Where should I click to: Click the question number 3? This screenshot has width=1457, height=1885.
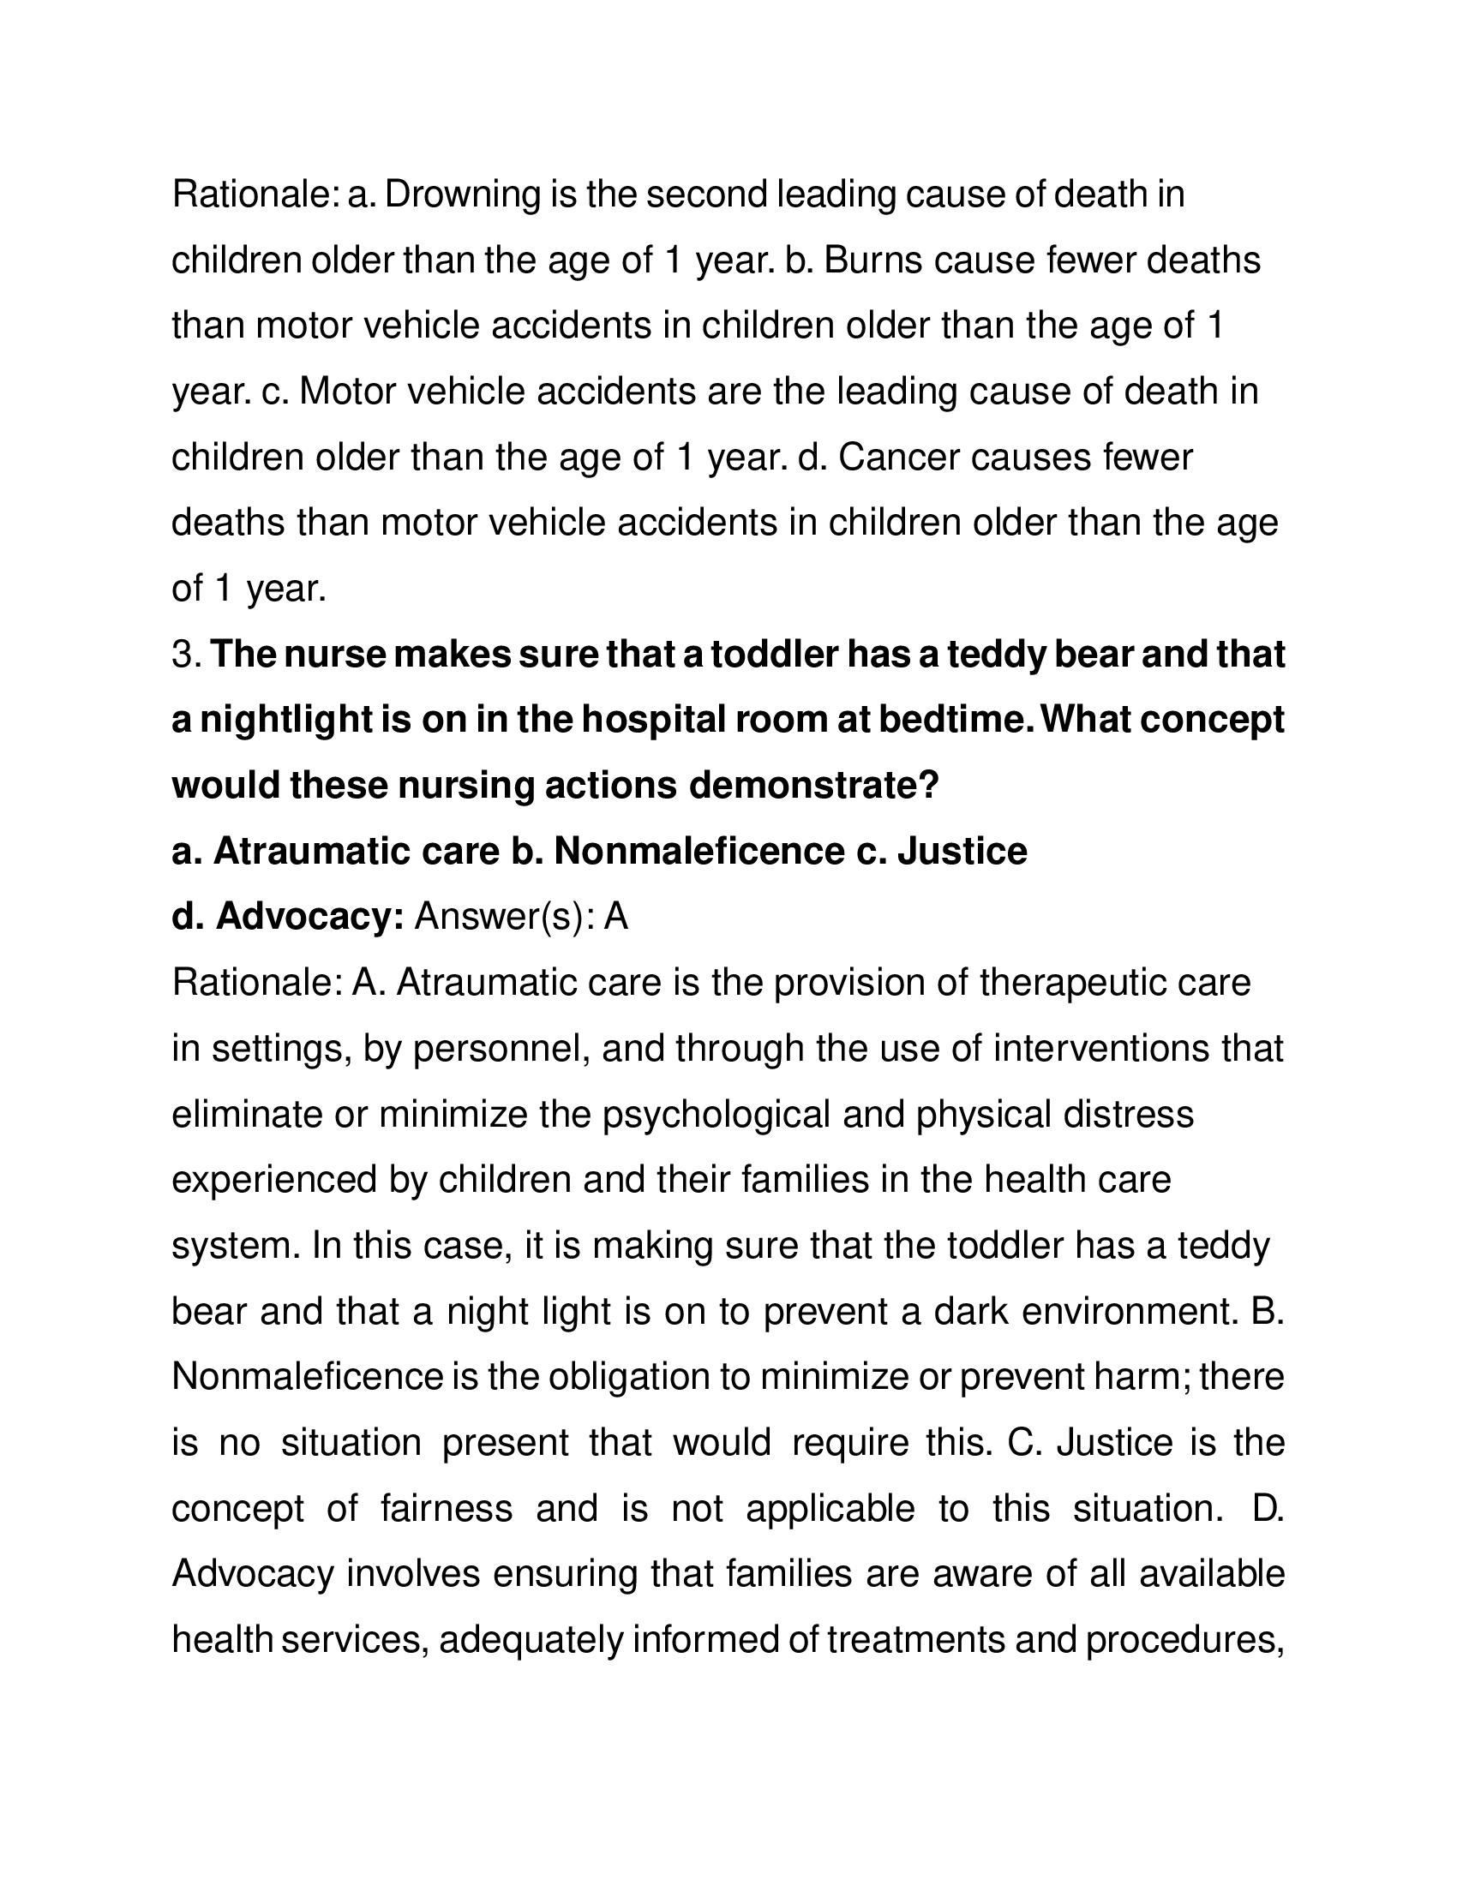point(186,655)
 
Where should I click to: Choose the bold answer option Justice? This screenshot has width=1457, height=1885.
point(962,851)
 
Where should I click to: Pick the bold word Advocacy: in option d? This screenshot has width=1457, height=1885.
point(310,917)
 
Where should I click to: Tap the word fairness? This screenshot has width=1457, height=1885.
point(447,1509)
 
